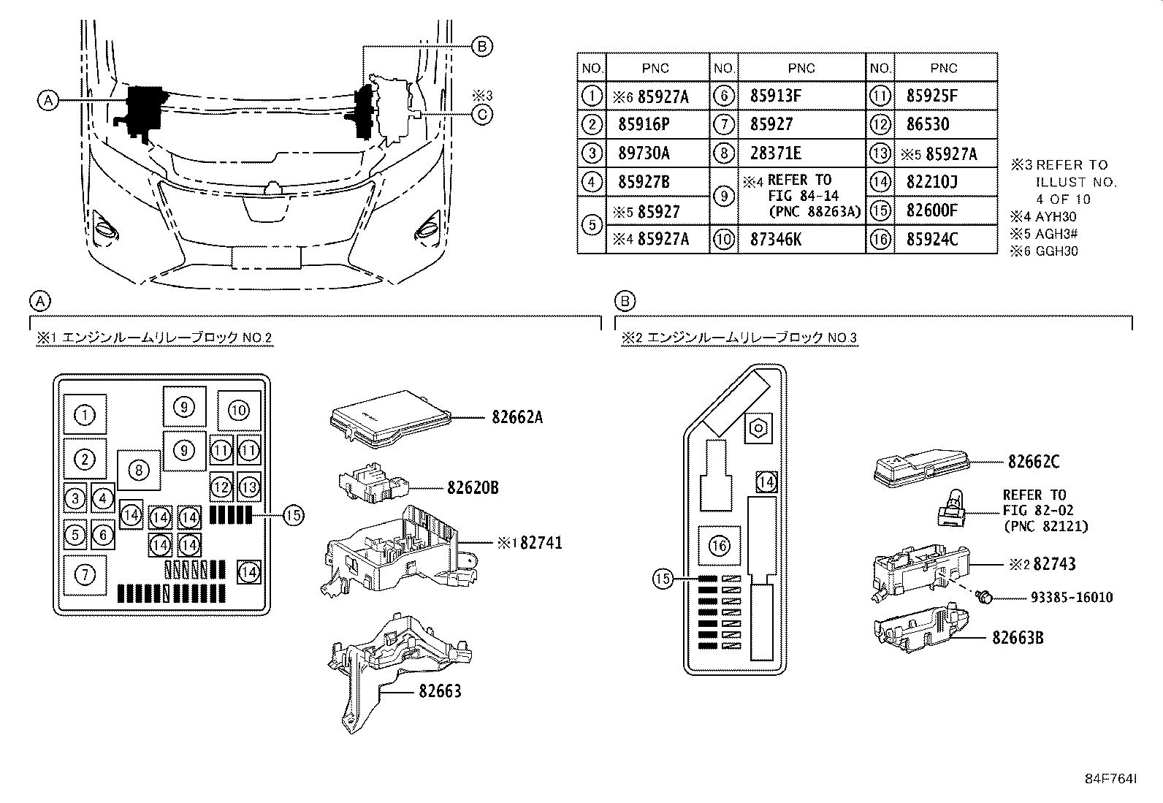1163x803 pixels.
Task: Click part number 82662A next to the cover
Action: (516, 418)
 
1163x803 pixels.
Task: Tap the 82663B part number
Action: (1018, 638)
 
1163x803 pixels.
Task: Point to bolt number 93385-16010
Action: (1072, 598)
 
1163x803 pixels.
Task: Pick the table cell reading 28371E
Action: (775, 153)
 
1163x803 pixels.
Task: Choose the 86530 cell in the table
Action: (928, 124)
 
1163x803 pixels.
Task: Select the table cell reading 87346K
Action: (775, 240)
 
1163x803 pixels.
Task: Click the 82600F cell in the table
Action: (931, 211)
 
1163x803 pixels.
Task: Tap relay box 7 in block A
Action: (85, 575)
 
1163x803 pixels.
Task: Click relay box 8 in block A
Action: (139, 469)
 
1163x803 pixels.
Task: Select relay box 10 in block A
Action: (239, 411)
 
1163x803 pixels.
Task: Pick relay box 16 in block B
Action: (720, 546)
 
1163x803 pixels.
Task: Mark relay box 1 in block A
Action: (85, 415)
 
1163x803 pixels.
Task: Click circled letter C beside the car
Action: (481, 113)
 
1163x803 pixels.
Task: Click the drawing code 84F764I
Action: (1110, 779)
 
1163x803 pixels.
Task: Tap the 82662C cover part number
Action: (1034, 462)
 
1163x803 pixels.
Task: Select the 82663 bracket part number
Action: (440, 690)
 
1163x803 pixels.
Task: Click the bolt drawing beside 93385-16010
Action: (984, 598)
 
